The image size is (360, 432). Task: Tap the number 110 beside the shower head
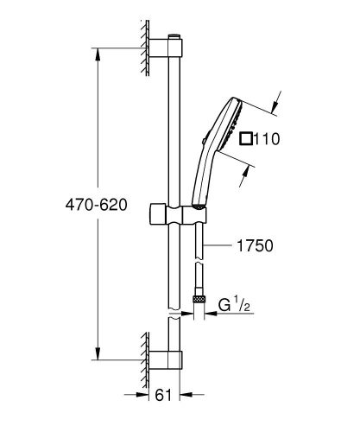point(264,137)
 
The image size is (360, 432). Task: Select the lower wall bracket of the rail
point(164,361)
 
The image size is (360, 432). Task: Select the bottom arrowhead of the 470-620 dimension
point(96,357)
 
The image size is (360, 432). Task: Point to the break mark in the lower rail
point(175,319)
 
